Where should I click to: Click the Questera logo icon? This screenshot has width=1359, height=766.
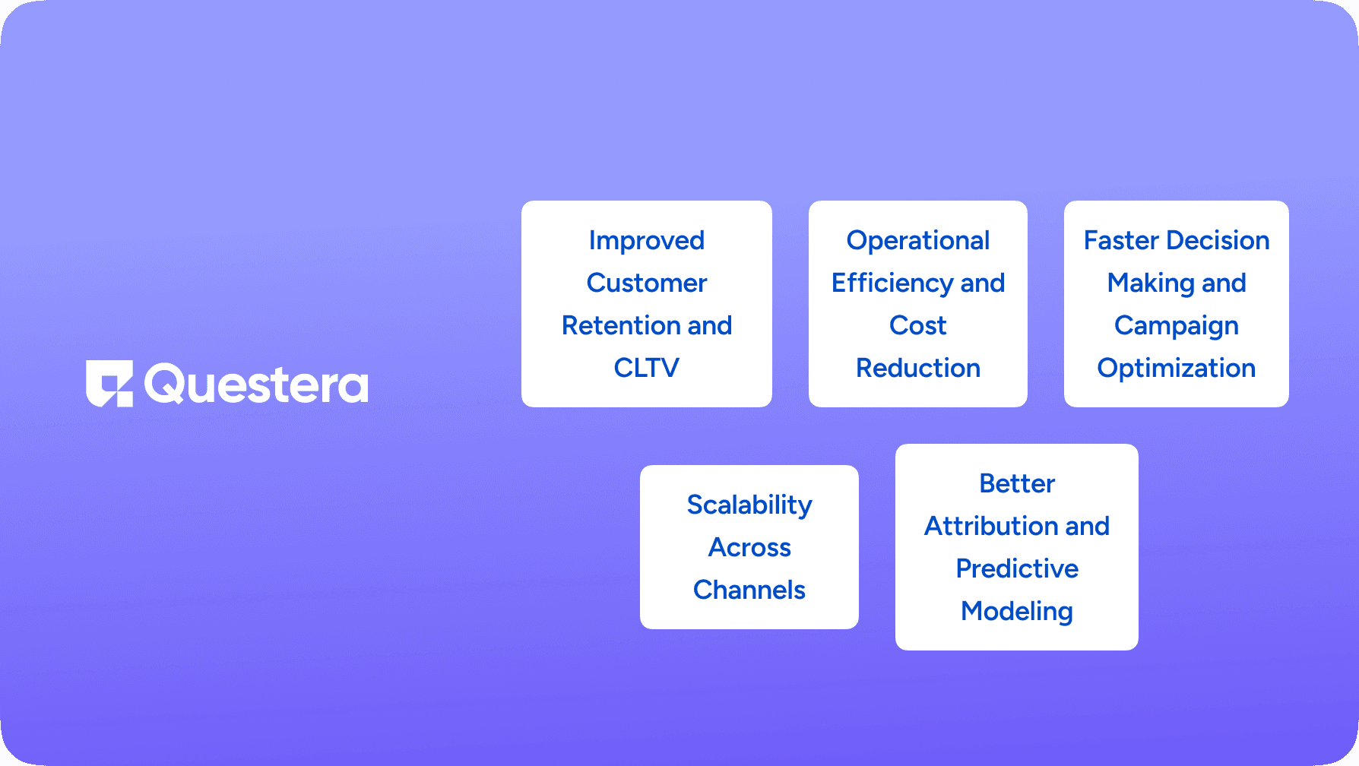(109, 384)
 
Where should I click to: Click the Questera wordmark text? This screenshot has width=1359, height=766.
(256, 385)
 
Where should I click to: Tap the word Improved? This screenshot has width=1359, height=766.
(646, 240)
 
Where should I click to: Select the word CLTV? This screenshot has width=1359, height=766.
(646, 368)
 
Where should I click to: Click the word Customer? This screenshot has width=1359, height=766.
(646, 283)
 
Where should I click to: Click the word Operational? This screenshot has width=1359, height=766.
(917, 240)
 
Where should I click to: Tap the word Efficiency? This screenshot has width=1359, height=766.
(892, 283)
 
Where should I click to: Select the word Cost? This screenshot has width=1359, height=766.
(917, 325)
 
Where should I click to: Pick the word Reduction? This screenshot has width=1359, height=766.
(917, 368)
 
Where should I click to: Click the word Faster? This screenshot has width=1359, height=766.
(1120, 240)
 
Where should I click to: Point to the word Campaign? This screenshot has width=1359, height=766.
(1176, 326)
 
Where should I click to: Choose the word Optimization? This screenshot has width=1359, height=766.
(1176, 369)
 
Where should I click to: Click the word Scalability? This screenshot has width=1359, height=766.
(749, 505)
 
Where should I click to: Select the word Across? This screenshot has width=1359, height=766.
(749, 547)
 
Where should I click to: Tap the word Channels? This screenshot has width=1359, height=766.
(749, 590)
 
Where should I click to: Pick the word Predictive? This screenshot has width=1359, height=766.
(1016, 568)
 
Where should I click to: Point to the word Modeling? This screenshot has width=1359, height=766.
(1016, 612)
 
